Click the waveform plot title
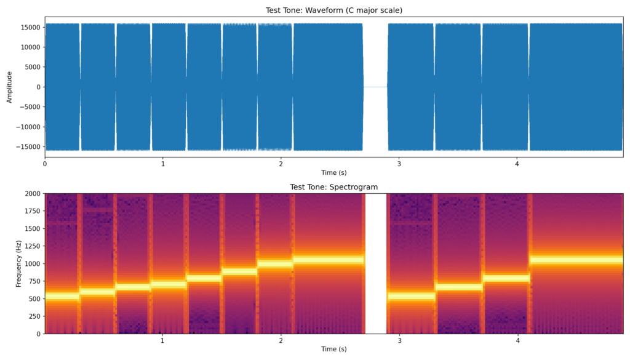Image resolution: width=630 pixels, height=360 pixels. [333, 10]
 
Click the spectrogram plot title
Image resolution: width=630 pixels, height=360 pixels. [333, 187]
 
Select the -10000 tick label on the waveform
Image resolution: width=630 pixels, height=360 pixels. [30, 127]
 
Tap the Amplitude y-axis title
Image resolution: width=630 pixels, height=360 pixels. [9, 87]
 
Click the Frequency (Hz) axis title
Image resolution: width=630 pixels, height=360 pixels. [18, 263]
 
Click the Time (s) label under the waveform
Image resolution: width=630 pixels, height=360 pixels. [333, 173]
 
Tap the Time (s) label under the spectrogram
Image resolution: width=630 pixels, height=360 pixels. [333, 350]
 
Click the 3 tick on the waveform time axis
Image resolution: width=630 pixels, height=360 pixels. [399, 164]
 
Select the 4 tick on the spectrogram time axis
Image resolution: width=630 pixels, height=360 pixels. [517, 340]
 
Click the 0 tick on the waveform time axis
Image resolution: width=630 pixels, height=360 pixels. [45, 164]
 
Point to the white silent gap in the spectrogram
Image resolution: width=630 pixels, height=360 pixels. [375, 263]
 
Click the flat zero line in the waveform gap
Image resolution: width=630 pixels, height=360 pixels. [375, 87]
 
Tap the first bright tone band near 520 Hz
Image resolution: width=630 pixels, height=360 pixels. [61, 297]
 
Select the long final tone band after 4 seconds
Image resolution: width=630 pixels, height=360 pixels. [576, 260]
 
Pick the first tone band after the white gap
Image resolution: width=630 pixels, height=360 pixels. [412, 297]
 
